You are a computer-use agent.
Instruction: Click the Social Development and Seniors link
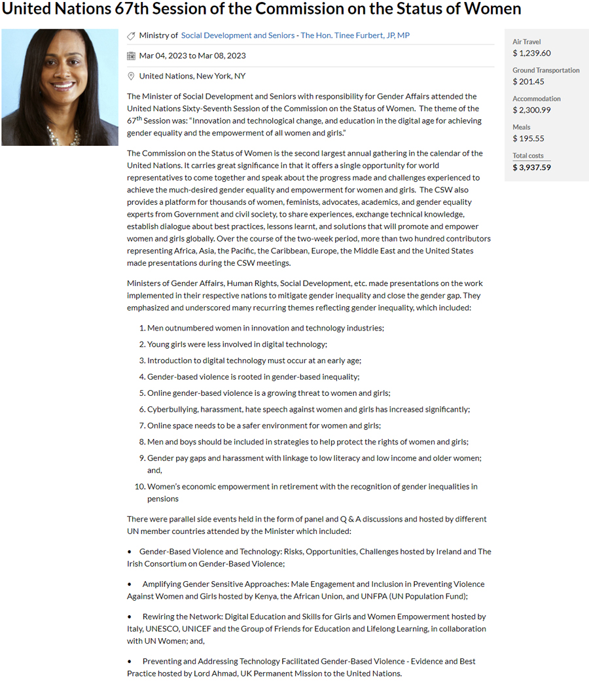[238, 35]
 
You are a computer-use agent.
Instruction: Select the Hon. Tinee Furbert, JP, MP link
[355, 35]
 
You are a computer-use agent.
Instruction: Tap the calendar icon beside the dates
[131, 56]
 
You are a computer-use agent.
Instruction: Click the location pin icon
[131, 76]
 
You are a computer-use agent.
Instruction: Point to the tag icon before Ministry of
[131, 36]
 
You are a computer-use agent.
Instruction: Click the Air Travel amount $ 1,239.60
[531, 53]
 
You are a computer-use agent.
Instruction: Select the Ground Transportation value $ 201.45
[529, 81]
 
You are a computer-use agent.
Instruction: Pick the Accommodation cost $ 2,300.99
[531, 110]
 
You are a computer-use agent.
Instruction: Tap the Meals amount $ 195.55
[529, 138]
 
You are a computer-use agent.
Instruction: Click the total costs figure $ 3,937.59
[531, 167]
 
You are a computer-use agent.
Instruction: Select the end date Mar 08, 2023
[222, 56]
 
